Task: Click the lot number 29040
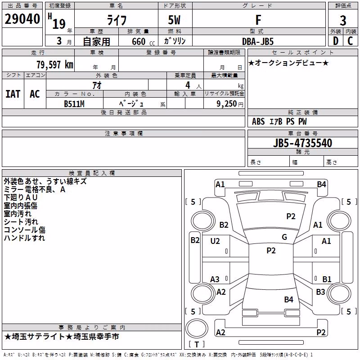[22, 19]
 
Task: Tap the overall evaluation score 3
[343, 20]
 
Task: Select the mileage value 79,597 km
[55, 65]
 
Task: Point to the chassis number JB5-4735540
[302, 143]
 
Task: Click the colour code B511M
[74, 104]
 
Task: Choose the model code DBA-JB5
[258, 41]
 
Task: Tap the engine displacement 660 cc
[143, 42]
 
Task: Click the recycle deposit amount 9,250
[226, 104]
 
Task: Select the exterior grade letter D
[336, 41]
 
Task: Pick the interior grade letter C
[350, 41]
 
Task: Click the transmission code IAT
[13, 94]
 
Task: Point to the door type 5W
[174, 20]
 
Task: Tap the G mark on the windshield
[284, 237]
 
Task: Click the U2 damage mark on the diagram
[215, 241]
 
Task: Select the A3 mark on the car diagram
[215, 279]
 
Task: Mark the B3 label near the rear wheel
[320, 292]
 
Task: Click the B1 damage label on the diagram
[327, 279]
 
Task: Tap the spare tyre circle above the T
[197, 328]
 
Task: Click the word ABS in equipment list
[258, 121]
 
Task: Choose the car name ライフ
[117, 20]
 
